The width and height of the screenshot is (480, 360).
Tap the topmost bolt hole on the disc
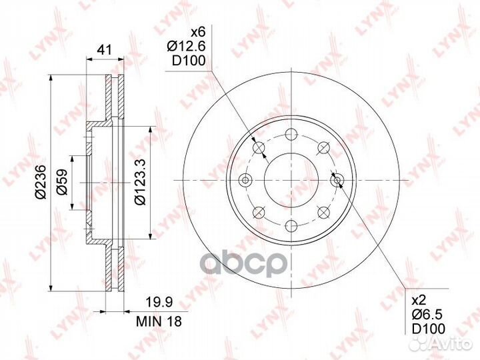pyautogui.click(x=291, y=134)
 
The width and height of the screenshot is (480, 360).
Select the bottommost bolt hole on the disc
pyautogui.click(x=291, y=225)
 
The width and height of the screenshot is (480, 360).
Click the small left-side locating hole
pyautogui.click(x=245, y=180)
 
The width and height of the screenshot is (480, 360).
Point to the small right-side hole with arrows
pyautogui.click(x=337, y=179)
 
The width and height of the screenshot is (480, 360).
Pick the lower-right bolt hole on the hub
pyautogui.click(x=324, y=212)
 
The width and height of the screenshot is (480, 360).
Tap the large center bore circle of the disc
pyautogui.click(x=291, y=180)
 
